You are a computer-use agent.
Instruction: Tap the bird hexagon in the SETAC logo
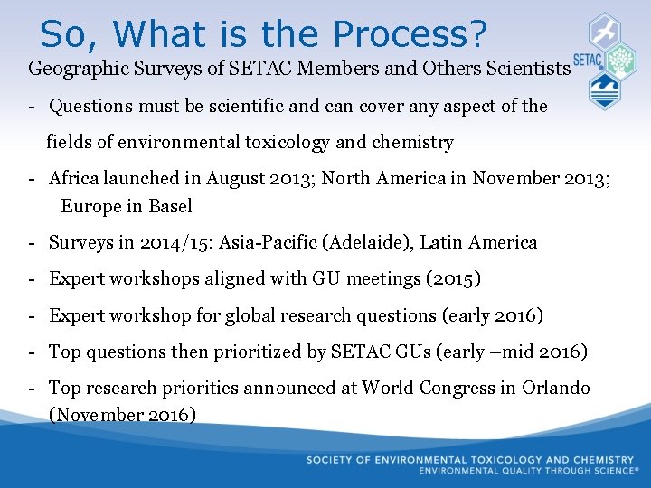click(604, 32)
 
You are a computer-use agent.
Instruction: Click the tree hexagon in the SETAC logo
click(620, 61)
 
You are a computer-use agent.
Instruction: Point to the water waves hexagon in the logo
click(604, 91)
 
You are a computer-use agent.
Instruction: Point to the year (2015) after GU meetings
click(453, 278)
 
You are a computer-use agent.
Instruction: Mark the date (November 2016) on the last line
click(122, 415)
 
